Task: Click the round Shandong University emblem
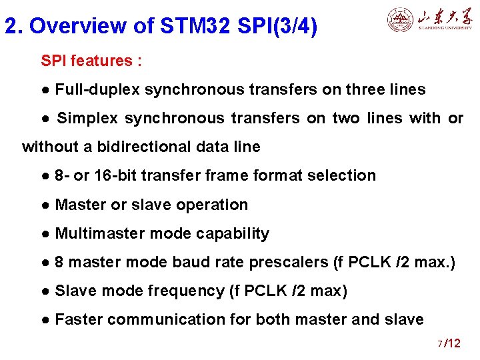tap(400, 20)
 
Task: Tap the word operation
tap(215, 205)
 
